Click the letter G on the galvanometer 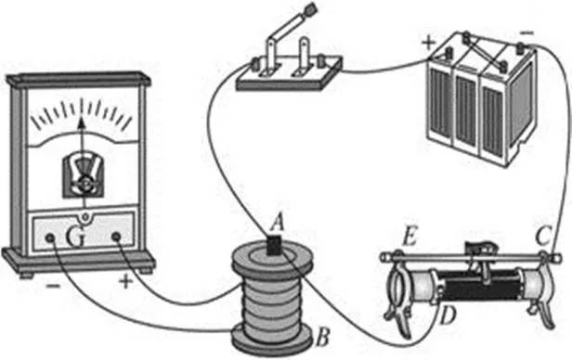pos(76,237)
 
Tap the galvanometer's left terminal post pos(50,238)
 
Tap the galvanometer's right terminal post pos(116,238)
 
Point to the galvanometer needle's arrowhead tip pos(82,117)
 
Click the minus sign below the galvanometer pos(53,285)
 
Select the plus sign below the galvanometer pos(126,281)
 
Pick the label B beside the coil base pos(323,337)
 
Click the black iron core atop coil pos(274,245)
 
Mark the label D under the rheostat pos(448,316)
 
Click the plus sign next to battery pos(428,43)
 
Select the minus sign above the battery pos(526,33)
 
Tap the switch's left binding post pos(255,65)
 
